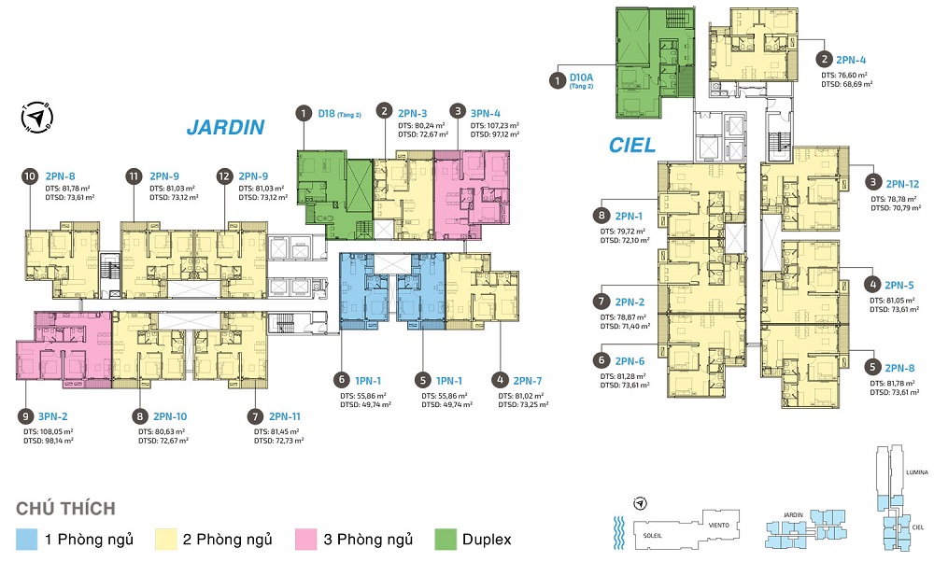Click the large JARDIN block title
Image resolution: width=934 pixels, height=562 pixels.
click(225, 127)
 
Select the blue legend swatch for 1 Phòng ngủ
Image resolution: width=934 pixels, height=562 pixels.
click(28, 540)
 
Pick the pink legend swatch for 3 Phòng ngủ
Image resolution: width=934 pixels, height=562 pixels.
click(304, 540)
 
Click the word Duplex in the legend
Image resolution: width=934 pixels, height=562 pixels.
click(486, 540)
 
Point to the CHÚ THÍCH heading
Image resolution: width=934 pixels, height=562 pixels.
click(66, 509)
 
